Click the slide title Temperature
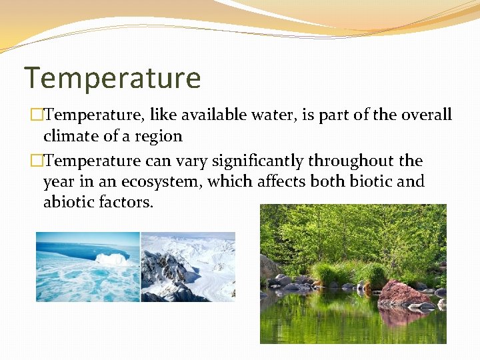pyautogui.click(x=112, y=78)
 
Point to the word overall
pyautogui.click(x=427, y=115)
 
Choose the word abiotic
pyautogui.click(x=69, y=202)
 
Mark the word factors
pyautogui.click(x=126, y=202)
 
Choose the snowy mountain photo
pyautogui.click(x=188, y=267)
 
